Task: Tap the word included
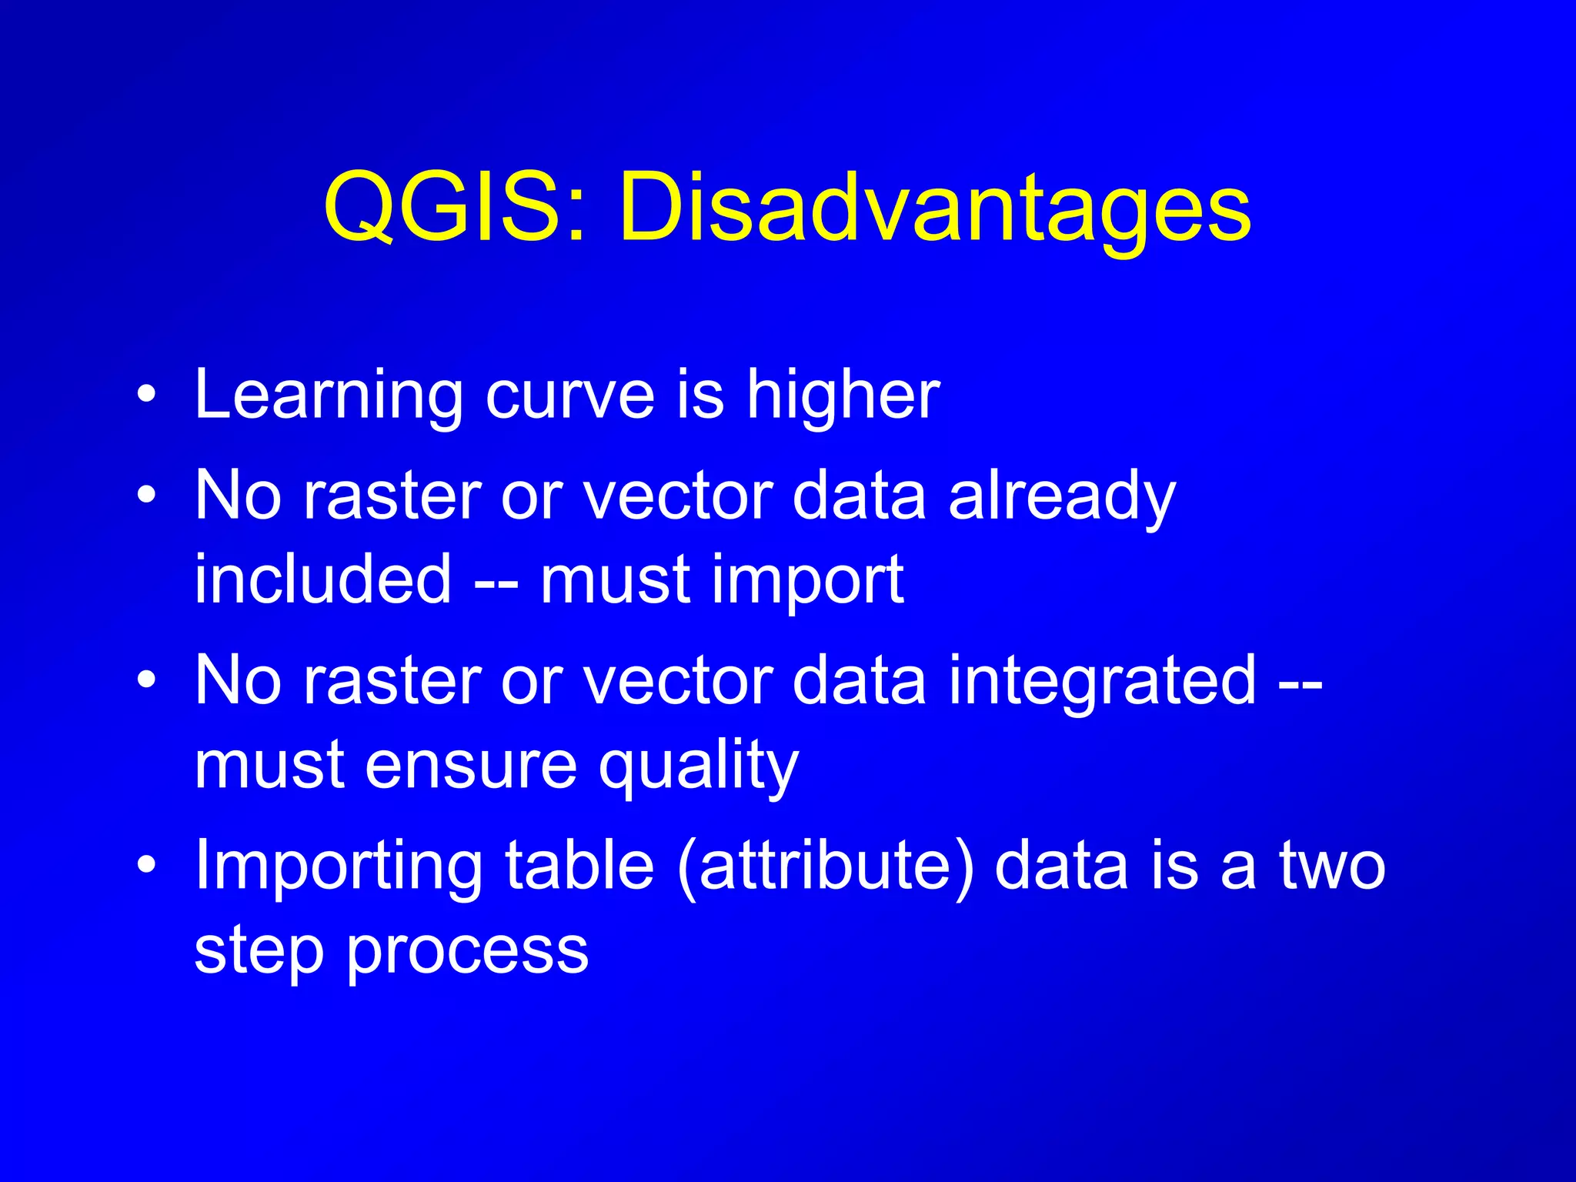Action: point(322,579)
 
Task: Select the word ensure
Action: point(470,765)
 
